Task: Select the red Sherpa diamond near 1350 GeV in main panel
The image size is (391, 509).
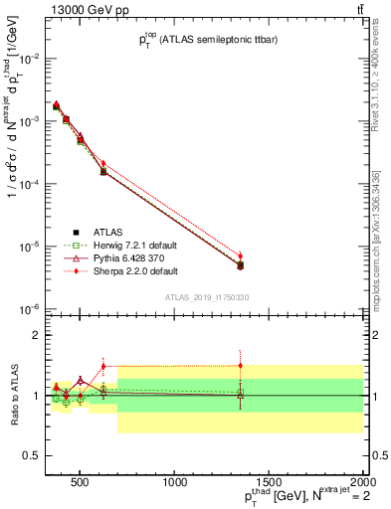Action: tap(240, 255)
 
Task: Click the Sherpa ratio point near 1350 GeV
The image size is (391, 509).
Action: tap(240, 365)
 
